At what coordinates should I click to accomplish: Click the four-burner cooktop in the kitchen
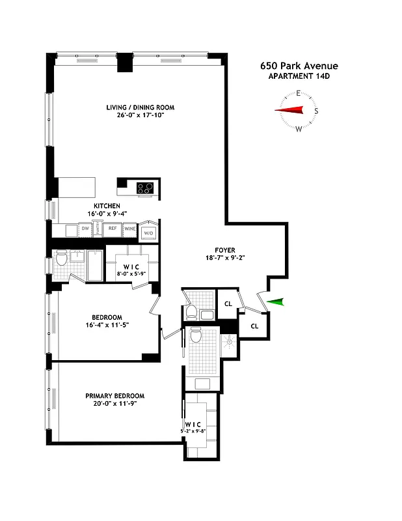click(144, 188)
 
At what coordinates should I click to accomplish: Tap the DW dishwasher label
click(85, 229)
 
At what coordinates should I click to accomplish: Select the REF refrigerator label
click(112, 229)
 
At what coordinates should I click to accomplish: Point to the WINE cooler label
click(131, 229)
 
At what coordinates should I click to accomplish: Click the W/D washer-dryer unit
click(149, 232)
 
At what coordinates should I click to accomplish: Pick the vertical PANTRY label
click(98, 229)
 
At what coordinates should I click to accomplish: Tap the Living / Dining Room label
click(141, 107)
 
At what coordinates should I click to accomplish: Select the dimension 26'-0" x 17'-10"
click(141, 116)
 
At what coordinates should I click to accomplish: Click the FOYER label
click(225, 249)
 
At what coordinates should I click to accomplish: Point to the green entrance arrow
click(276, 301)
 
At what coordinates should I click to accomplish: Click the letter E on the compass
click(299, 94)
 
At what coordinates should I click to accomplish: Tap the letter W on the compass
click(299, 128)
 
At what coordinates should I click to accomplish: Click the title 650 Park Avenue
click(299, 66)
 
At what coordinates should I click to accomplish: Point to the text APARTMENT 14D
click(299, 77)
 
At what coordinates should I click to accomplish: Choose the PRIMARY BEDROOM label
click(114, 396)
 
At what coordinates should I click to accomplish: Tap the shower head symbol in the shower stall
click(228, 340)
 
